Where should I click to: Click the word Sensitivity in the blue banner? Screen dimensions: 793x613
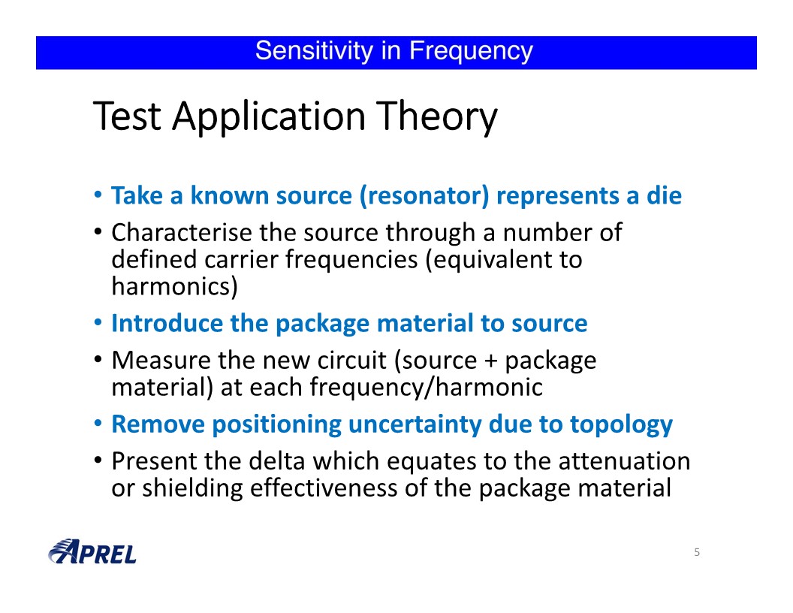coord(314,50)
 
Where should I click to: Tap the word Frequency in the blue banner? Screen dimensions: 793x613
coord(471,52)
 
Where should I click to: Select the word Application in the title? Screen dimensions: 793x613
coord(269,117)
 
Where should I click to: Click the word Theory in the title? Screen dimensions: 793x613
coord(437,117)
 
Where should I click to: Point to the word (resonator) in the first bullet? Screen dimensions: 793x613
coord(424,196)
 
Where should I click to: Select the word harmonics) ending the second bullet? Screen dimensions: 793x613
coord(174,287)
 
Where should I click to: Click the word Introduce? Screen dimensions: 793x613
coord(167,323)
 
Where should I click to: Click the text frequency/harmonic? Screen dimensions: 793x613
coord(427,388)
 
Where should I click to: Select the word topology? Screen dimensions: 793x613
coord(622,425)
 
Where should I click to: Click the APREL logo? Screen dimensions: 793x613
coord(92,551)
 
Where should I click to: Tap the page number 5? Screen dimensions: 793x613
coord(697,552)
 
